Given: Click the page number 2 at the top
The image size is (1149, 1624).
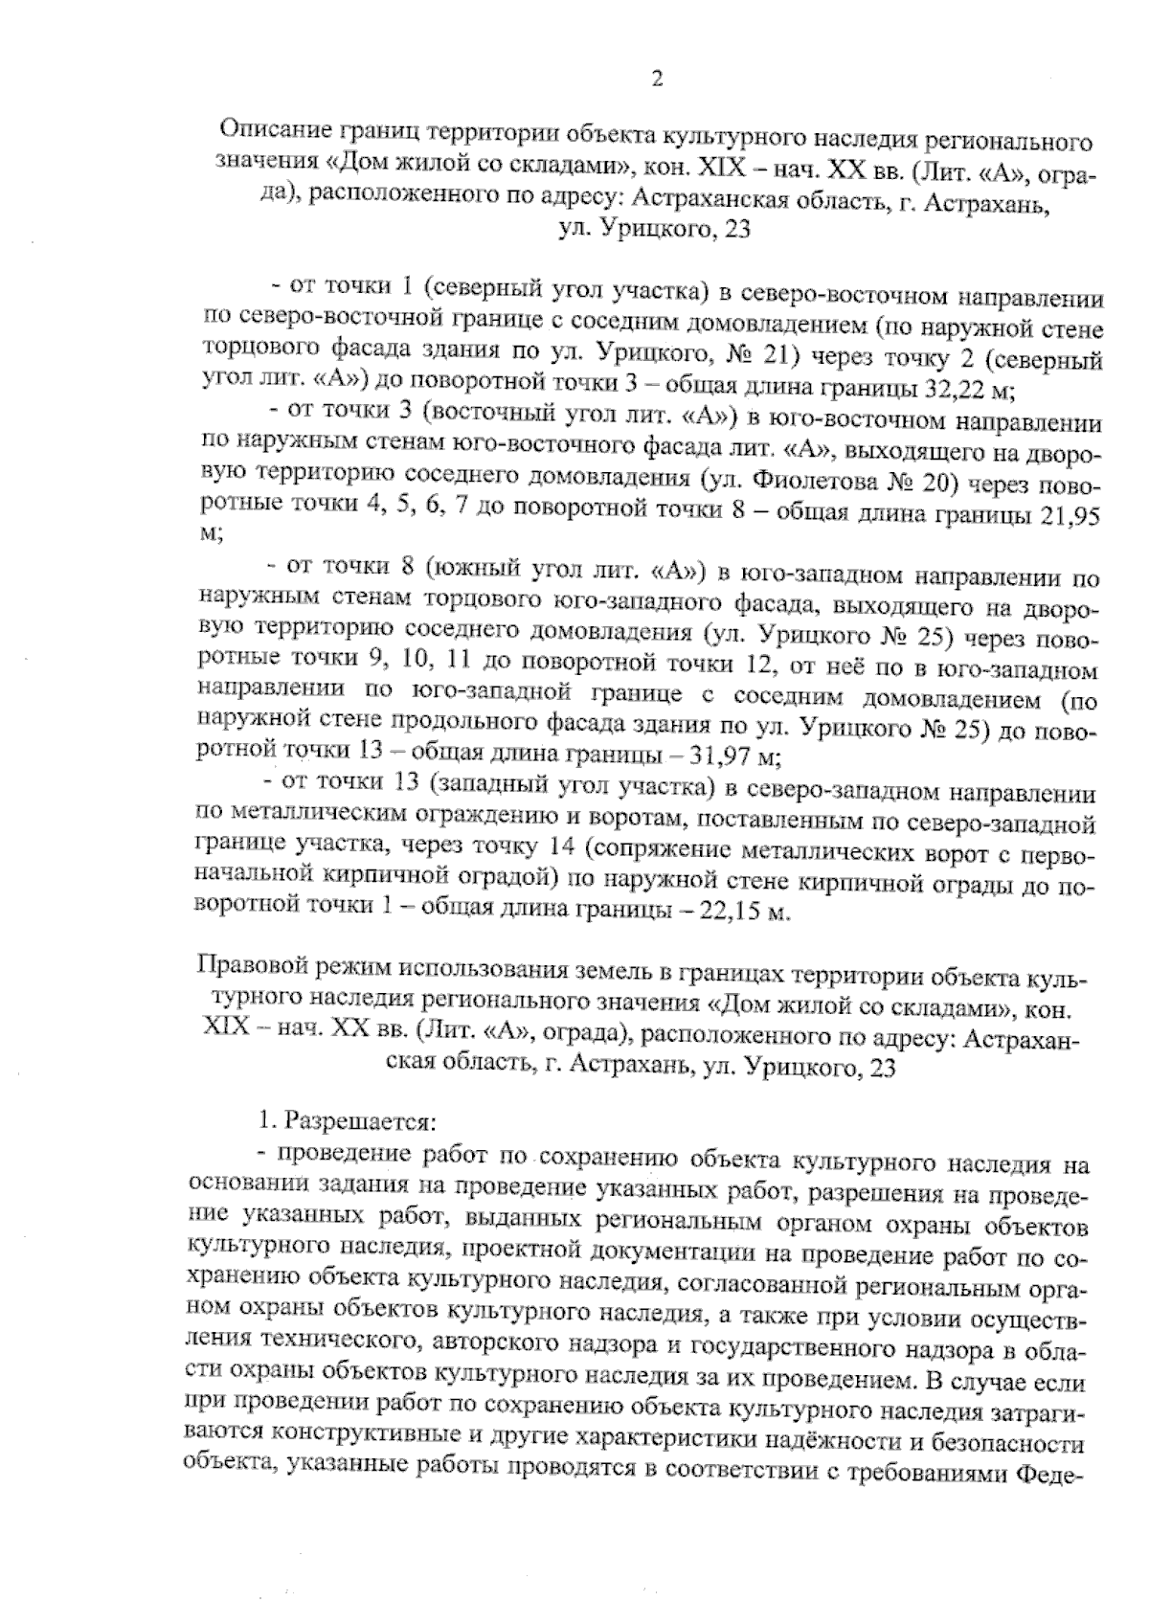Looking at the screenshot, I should tap(657, 79).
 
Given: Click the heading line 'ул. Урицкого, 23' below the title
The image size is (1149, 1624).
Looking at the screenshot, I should tap(656, 230).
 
